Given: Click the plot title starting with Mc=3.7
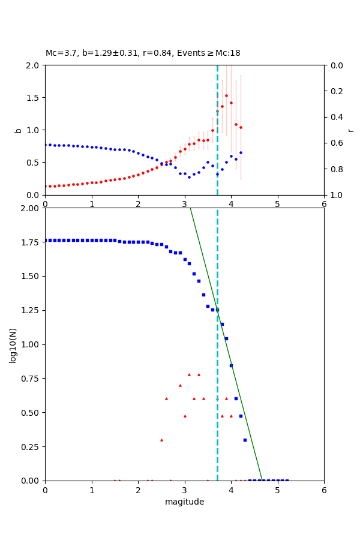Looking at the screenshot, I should point(143,53).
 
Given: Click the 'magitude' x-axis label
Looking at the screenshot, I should point(184,502).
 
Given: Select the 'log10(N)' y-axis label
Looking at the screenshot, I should point(13,345).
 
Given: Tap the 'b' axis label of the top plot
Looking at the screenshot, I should point(18,130).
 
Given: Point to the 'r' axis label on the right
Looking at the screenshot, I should point(351,130).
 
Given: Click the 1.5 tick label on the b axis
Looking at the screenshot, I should point(34,97).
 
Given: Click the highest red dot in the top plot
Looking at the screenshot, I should point(226,95).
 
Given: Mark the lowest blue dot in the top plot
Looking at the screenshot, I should point(189,177).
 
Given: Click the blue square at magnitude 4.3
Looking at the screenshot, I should point(245,440).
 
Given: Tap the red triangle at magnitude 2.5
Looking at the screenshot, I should point(161,440).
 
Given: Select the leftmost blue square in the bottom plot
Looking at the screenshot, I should point(45,240).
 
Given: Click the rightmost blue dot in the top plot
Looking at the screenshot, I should point(241,152).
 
